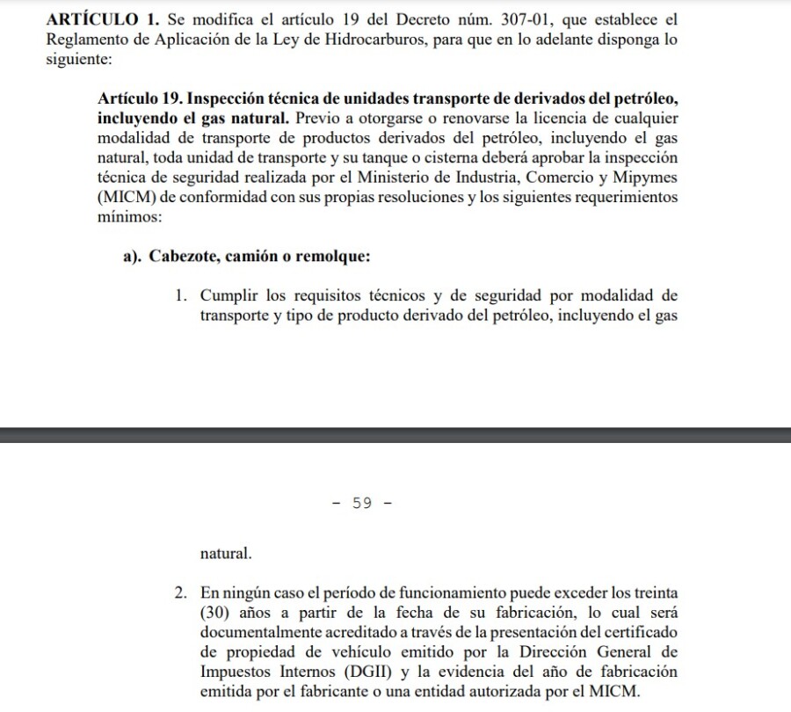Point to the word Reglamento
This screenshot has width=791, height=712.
pos(88,40)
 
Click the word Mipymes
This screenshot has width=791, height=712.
pos(648,178)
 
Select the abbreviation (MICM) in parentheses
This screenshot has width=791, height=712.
pos(130,197)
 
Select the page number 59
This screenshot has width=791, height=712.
pos(361,503)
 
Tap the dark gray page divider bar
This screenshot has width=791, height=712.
pos(395,435)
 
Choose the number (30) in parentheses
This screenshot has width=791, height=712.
pos(217,614)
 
